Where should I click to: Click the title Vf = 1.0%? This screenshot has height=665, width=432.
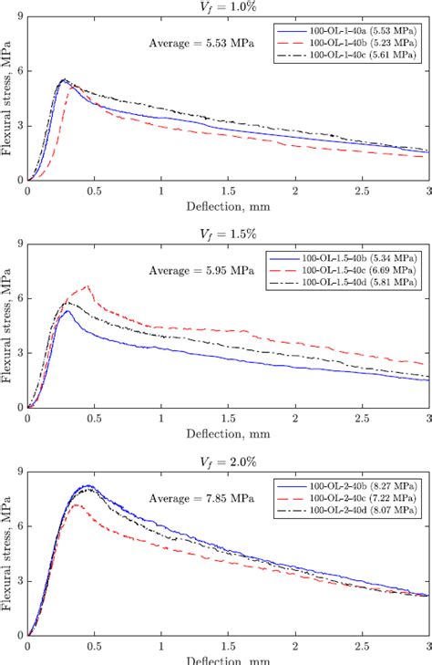[x=228, y=7]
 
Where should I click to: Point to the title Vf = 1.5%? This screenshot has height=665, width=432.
[x=228, y=234]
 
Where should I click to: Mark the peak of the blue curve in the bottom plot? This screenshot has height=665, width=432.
[x=86, y=485]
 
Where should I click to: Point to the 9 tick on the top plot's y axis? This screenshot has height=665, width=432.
[x=20, y=17]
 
